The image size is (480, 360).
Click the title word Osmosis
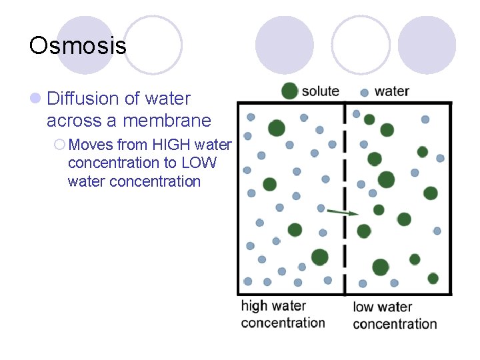pos(77,45)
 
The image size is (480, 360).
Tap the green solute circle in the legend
pos(289,91)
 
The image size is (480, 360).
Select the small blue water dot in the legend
pos(364,93)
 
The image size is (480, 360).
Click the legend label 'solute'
pos(321,91)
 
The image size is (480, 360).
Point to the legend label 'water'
pos(392,91)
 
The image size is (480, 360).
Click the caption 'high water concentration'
pos(283,314)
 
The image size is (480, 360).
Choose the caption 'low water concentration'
pos(394,315)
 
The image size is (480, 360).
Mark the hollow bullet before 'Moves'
pos(60,145)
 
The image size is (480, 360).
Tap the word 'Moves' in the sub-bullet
pos(91,145)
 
